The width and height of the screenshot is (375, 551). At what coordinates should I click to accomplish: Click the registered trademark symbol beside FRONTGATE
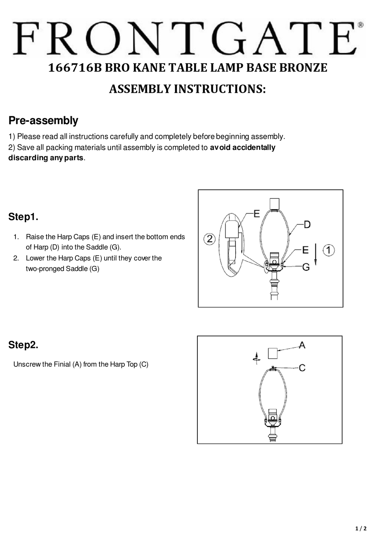(x=360, y=25)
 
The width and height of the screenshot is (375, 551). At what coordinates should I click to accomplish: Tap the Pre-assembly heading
(x=43, y=121)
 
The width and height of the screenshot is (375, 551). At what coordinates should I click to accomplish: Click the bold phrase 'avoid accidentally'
(x=242, y=148)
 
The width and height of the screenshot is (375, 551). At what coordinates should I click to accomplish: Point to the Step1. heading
(x=23, y=217)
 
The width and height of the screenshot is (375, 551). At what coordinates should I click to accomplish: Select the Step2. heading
(x=23, y=345)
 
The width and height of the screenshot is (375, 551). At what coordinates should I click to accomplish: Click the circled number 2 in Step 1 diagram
(x=210, y=239)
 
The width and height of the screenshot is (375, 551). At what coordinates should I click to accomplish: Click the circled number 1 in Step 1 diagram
(x=329, y=250)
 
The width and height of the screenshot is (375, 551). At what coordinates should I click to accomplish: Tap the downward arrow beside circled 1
(x=316, y=254)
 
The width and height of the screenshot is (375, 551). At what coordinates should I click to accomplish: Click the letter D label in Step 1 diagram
(x=307, y=224)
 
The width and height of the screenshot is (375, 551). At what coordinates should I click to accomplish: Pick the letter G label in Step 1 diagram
(x=306, y=267)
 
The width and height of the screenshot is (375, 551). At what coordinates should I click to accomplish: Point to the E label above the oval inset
(x=257, y=214)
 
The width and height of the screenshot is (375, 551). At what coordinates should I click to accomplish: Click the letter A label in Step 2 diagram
(x=302, y=346)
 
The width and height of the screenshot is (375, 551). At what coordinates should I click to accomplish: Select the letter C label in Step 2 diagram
(x=302, y=368)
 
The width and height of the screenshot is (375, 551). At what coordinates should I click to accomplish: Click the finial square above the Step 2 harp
(x=272, y=353)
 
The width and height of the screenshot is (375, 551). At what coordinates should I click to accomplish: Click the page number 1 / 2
(x=361, y=529)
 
